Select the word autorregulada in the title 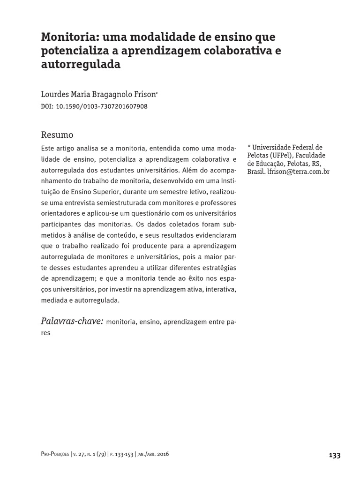click(x=81, y=64)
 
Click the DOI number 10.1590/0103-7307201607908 click(x=102, y=106)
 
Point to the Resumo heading click(x=57, y=135)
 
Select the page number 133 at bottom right click(x=335, y=455)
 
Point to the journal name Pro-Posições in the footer click(x=55, y=455)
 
